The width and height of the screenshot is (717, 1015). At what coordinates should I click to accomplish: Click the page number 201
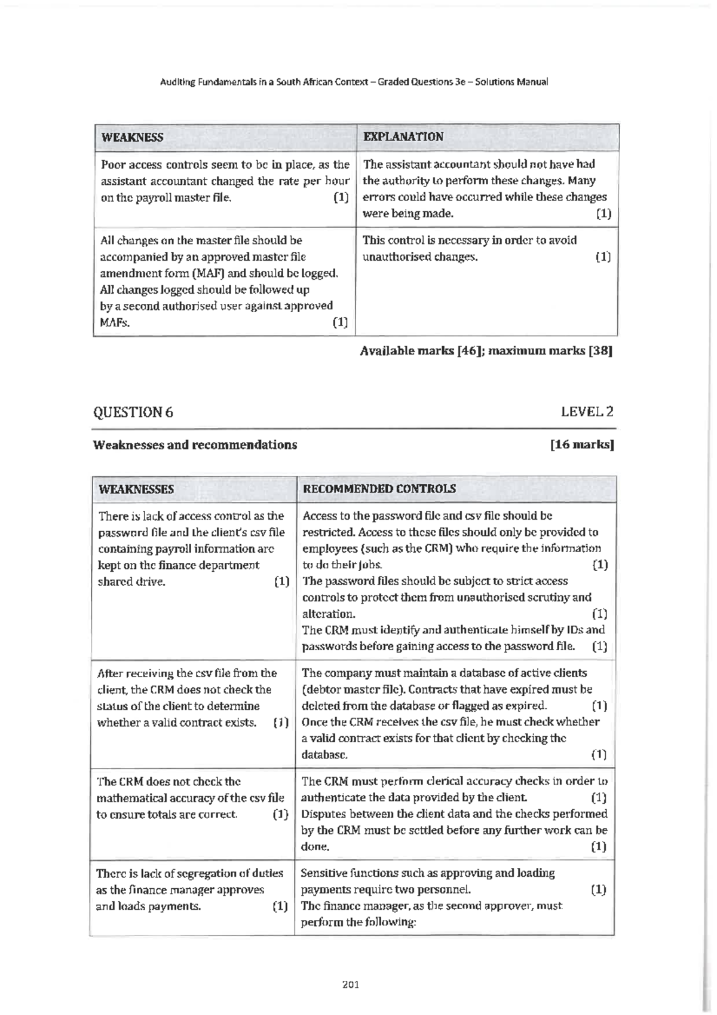click(351, 984)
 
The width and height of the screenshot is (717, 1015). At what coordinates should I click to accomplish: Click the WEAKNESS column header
click(132, 137)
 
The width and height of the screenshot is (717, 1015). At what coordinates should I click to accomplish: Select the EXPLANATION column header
click(403, 136)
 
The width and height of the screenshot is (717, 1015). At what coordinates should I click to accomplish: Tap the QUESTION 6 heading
click(133, 412)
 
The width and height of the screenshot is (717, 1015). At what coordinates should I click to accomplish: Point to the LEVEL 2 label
click(587, 412)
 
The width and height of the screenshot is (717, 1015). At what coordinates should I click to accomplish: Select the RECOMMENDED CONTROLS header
click(379, 489)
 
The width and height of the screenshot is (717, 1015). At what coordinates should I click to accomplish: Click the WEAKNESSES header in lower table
click(136, 489)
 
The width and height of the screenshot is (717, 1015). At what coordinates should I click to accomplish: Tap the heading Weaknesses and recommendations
click(195, 445)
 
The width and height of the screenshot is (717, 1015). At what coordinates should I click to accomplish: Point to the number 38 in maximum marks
click(600, 351)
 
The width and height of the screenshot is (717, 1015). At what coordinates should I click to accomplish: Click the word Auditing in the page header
click(177, 82)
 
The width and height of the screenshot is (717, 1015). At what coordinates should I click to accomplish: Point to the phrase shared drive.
click(131, 581)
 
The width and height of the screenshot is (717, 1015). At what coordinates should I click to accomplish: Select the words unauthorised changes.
click(420, 257)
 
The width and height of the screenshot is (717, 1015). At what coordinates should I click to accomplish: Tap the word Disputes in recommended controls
click(323, 814)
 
